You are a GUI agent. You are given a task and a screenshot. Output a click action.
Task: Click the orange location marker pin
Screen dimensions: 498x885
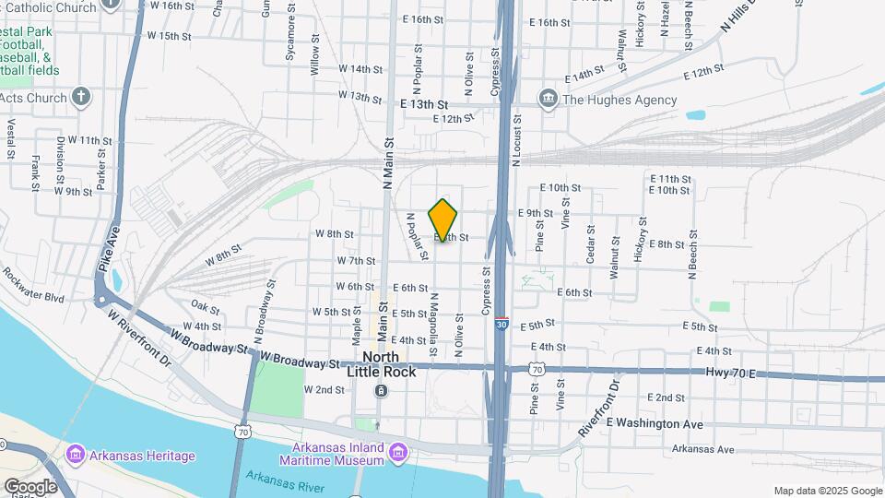pos(443,219)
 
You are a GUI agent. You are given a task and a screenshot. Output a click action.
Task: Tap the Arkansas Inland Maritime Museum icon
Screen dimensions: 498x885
pos(398,452)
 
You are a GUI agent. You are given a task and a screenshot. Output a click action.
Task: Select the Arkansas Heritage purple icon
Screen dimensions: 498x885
pos(76,455)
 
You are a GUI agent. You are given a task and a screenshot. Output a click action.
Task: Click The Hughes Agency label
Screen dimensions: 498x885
pos(619,100)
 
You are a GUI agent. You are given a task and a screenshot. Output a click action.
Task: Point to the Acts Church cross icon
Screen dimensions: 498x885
pos(81,97)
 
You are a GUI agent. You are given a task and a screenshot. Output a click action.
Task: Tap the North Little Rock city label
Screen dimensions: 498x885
pos(381,364)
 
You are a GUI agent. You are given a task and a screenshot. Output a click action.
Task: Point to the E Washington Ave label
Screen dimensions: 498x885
pos(654,423)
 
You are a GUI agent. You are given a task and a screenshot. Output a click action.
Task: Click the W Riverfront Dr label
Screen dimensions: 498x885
pos(140,335)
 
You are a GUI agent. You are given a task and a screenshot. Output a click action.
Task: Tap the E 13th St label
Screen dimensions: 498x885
pos(423,105)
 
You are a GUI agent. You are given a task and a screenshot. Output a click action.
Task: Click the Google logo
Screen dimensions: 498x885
pos(30,486)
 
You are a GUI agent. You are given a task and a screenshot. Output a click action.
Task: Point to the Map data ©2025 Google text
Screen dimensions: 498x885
pos(827,491)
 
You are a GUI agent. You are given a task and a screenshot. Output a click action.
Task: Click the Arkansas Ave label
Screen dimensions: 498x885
pos(702,449)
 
